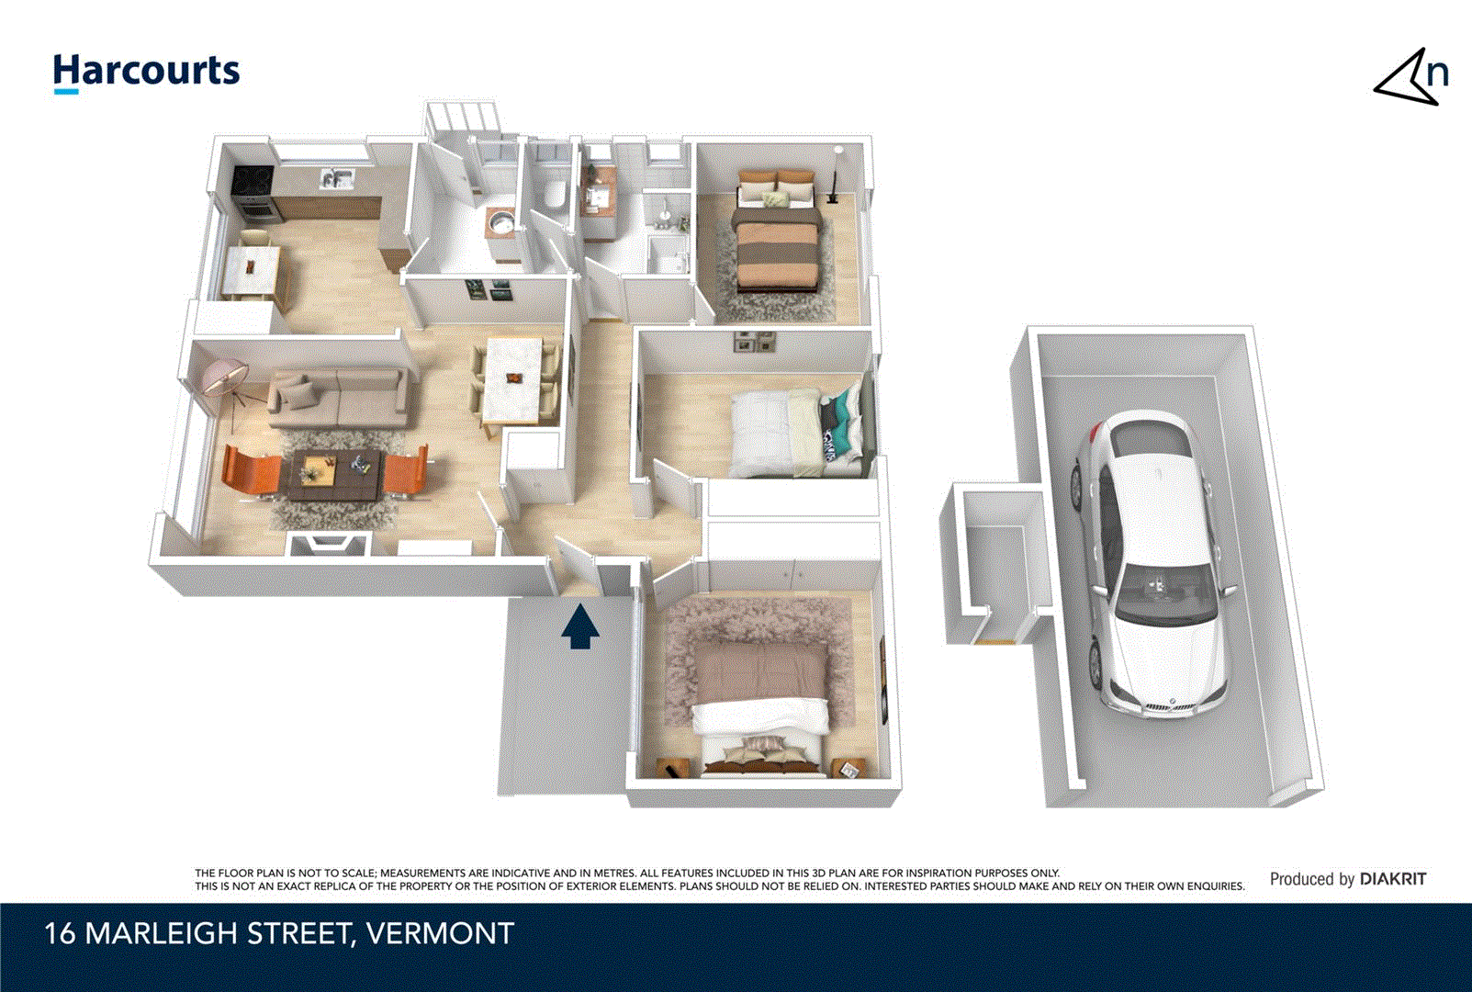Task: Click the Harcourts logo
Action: (x=146, y=72)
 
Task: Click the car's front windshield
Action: (x=1165, y=592)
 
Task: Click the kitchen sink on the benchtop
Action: (x=336, y=178)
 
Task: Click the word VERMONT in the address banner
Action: (x=440, y=934)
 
